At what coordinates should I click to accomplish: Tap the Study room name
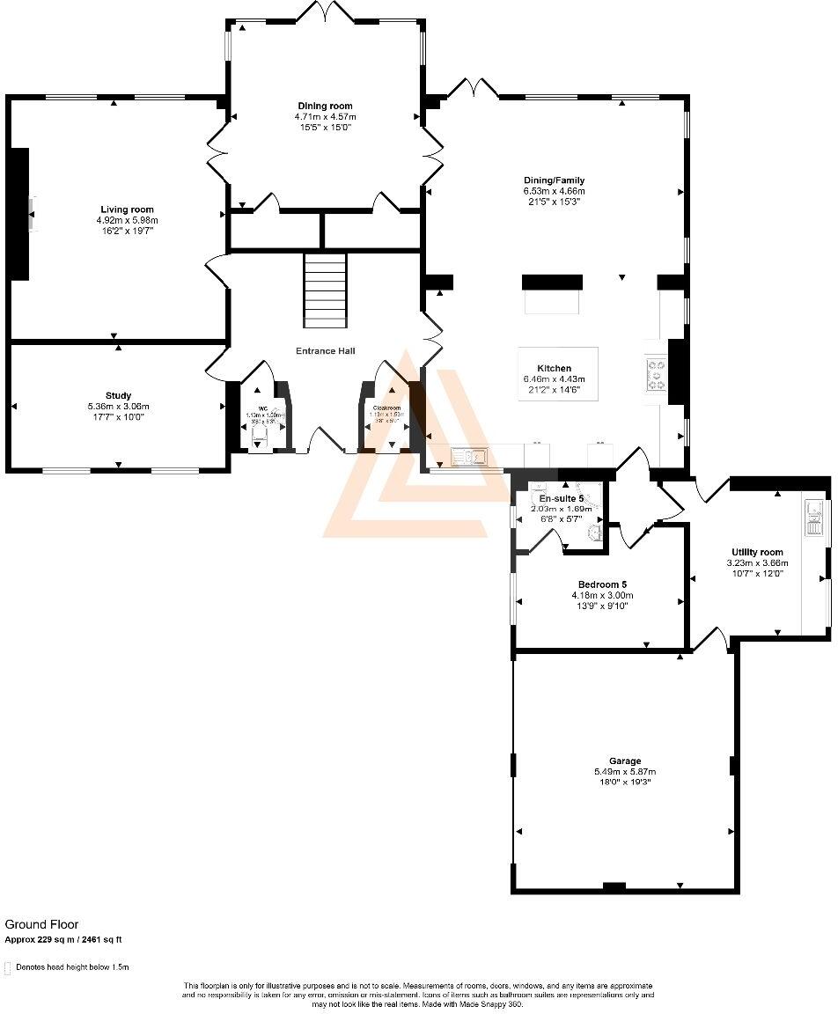point(118,396)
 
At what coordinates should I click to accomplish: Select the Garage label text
point(625,761)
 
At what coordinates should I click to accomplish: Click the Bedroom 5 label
point(602,584)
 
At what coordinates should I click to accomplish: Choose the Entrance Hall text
point(326,351)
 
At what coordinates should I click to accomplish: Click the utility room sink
point(814,517)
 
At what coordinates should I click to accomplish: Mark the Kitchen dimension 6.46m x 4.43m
point(555,379)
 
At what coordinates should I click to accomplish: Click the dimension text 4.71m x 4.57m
point(326,116)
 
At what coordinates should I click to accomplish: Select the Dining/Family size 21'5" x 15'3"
point(555,202)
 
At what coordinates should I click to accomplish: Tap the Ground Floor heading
point(41,924)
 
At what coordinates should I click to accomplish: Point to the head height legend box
point(8,967)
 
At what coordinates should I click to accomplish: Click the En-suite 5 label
point(555,498)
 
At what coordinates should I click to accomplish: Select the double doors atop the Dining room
point(326,12)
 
